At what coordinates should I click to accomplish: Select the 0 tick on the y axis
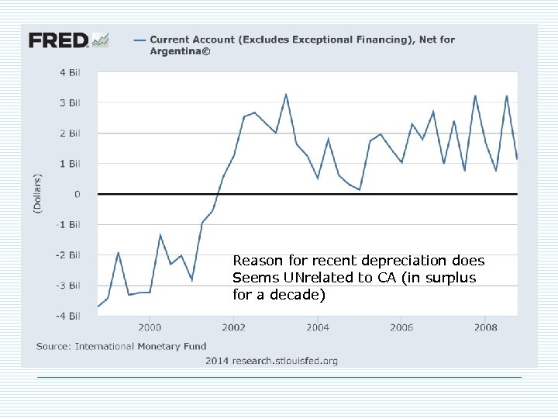[x=77, y=194]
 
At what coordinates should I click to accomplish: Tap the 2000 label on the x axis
[x=150, y=327]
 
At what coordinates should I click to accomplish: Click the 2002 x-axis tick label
[x=233, y=327]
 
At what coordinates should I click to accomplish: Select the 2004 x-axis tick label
[x=317, y=327]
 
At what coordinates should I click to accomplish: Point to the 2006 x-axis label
[x=401, y=327]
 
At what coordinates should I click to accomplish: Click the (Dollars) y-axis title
[x=37, y=193]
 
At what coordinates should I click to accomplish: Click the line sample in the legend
[x=139, y=40]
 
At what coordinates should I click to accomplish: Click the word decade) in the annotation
[x=304, y=295]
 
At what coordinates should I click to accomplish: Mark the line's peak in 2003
[x=286, y=95]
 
